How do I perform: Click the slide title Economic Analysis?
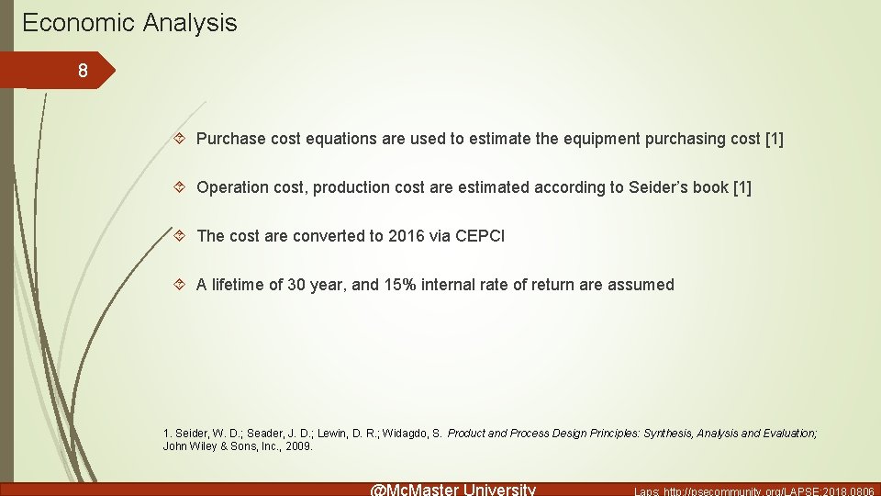(129, 23)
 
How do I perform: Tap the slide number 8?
(83, 71)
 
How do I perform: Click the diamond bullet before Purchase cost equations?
(181, 139)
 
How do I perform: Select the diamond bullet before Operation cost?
(181, 187)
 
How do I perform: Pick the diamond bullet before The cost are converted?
(181, 236)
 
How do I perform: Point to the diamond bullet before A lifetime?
(181, 285)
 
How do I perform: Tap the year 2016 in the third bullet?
(407, 236)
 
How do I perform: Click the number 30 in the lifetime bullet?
(296, 285)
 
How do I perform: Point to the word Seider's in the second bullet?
(658, 187)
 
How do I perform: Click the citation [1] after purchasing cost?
(774, 139)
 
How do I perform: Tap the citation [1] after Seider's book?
(741, 187)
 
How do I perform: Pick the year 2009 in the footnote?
(298, 446)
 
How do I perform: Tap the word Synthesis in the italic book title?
(668, 433)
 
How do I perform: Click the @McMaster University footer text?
(452, 489)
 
